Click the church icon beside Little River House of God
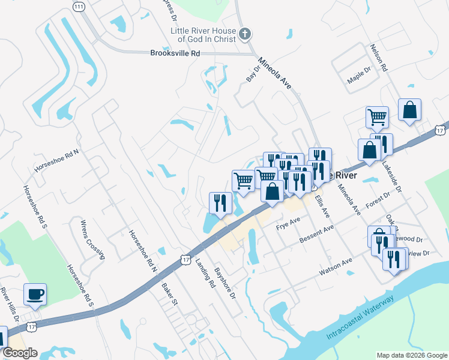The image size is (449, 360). tap(244, 34)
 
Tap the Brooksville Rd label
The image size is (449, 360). tap(174, 53)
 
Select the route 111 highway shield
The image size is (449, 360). tap(78, 6)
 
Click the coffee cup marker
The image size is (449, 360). tap(35, 294)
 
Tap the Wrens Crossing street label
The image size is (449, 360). tap(92, 239)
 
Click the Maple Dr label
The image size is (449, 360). tap(359, 79)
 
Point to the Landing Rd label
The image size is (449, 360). tap(205, 274)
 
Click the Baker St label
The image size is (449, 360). tap(169, 292)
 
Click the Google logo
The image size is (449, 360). tap(20, 353)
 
